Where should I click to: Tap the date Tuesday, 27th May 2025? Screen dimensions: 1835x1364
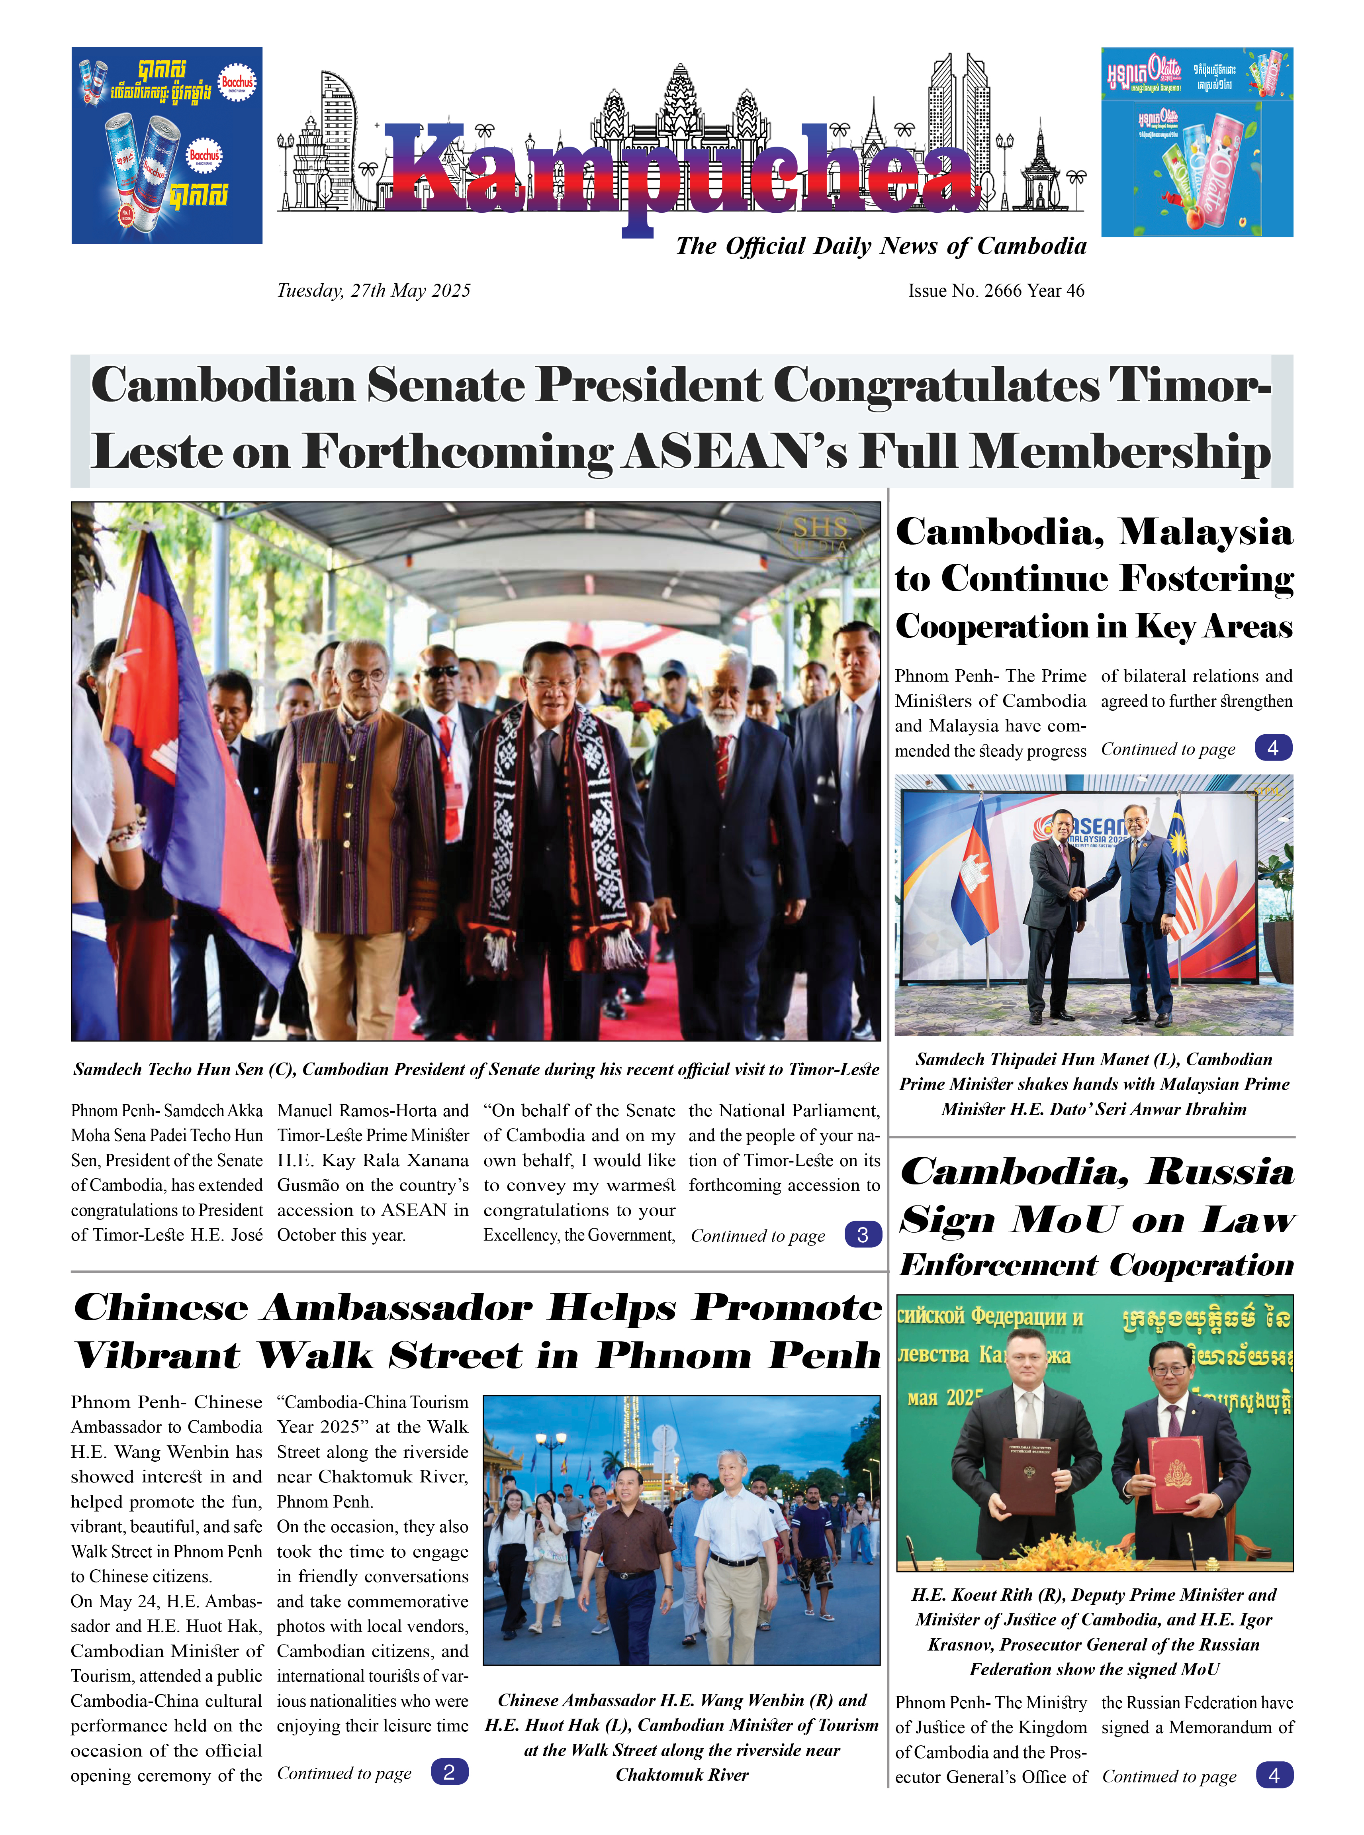click(373, 291)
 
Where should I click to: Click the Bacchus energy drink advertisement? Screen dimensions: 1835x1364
click(167, 145)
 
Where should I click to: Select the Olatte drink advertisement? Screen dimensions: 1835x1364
click(1196, 142)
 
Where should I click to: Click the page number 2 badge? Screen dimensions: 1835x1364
click(449, 1771)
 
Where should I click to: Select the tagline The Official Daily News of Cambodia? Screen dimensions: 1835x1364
click(880, 246)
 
